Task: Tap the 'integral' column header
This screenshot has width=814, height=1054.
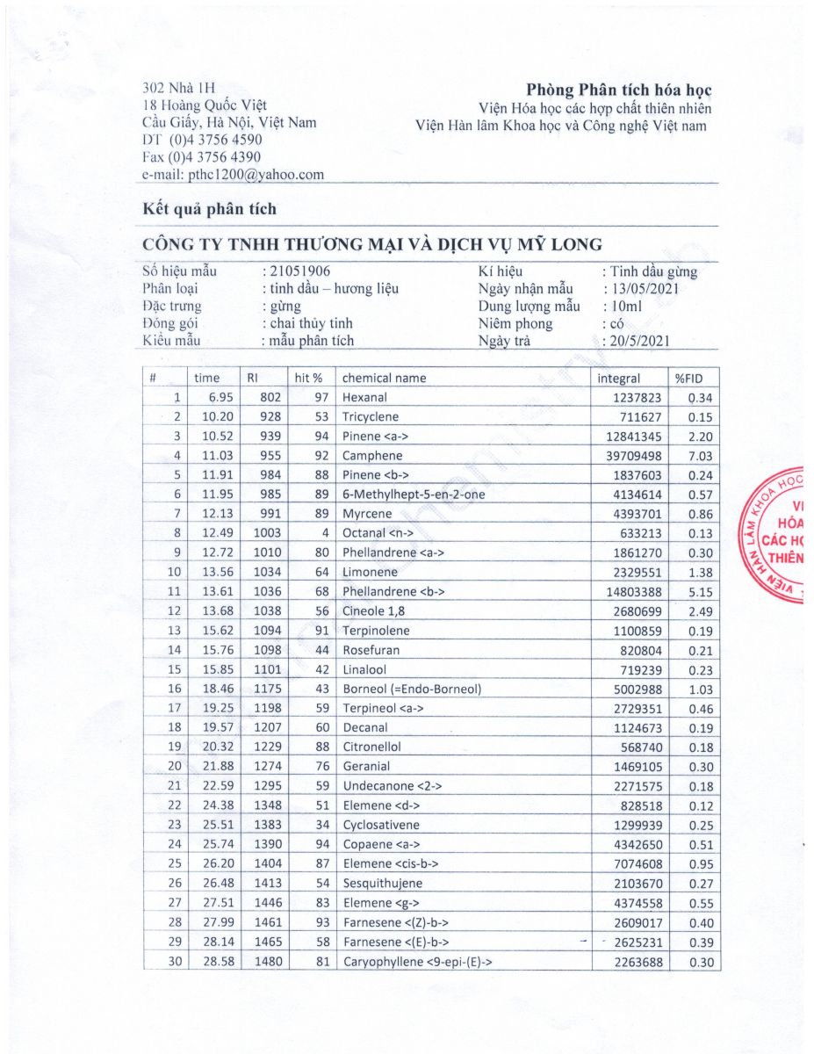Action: [x=619, y=379]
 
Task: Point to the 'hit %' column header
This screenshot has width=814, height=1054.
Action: [x=309, y=379]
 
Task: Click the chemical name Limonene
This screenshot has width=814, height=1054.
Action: [x=367, y=573]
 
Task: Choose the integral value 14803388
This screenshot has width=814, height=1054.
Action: [x=630, y=592]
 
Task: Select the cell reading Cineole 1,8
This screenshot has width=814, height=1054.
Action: [x=371, y=611]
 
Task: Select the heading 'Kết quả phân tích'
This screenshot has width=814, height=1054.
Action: [x=209, y=209]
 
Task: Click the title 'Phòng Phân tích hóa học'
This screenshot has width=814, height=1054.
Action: [x=619, y=90]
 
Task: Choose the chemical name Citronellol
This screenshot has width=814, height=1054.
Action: [x=372, y=747]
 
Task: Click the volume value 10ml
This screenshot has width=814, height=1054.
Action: [x=624, y=307]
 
